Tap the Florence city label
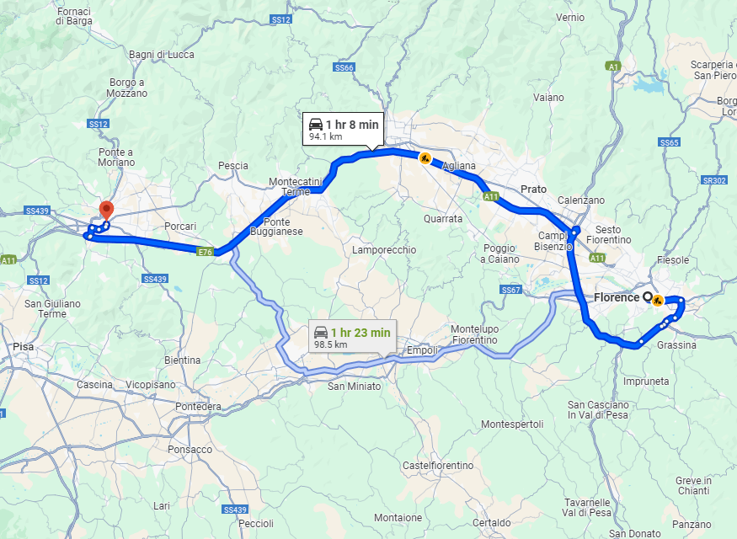point(616,297)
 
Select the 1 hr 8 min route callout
point(344,128)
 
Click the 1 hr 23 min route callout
point(351,336)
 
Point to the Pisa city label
point(23,346)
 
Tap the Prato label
point(533,189)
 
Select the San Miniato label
point(355,387)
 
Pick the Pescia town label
point(232,166)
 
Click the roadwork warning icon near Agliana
point(425,157)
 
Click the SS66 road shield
point(344,67)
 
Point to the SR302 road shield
point(713,180)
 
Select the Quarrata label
point(443,219)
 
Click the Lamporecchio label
point(383,250)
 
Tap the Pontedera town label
point(198,407)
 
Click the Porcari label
point(179,227)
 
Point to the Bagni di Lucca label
point(162,55)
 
